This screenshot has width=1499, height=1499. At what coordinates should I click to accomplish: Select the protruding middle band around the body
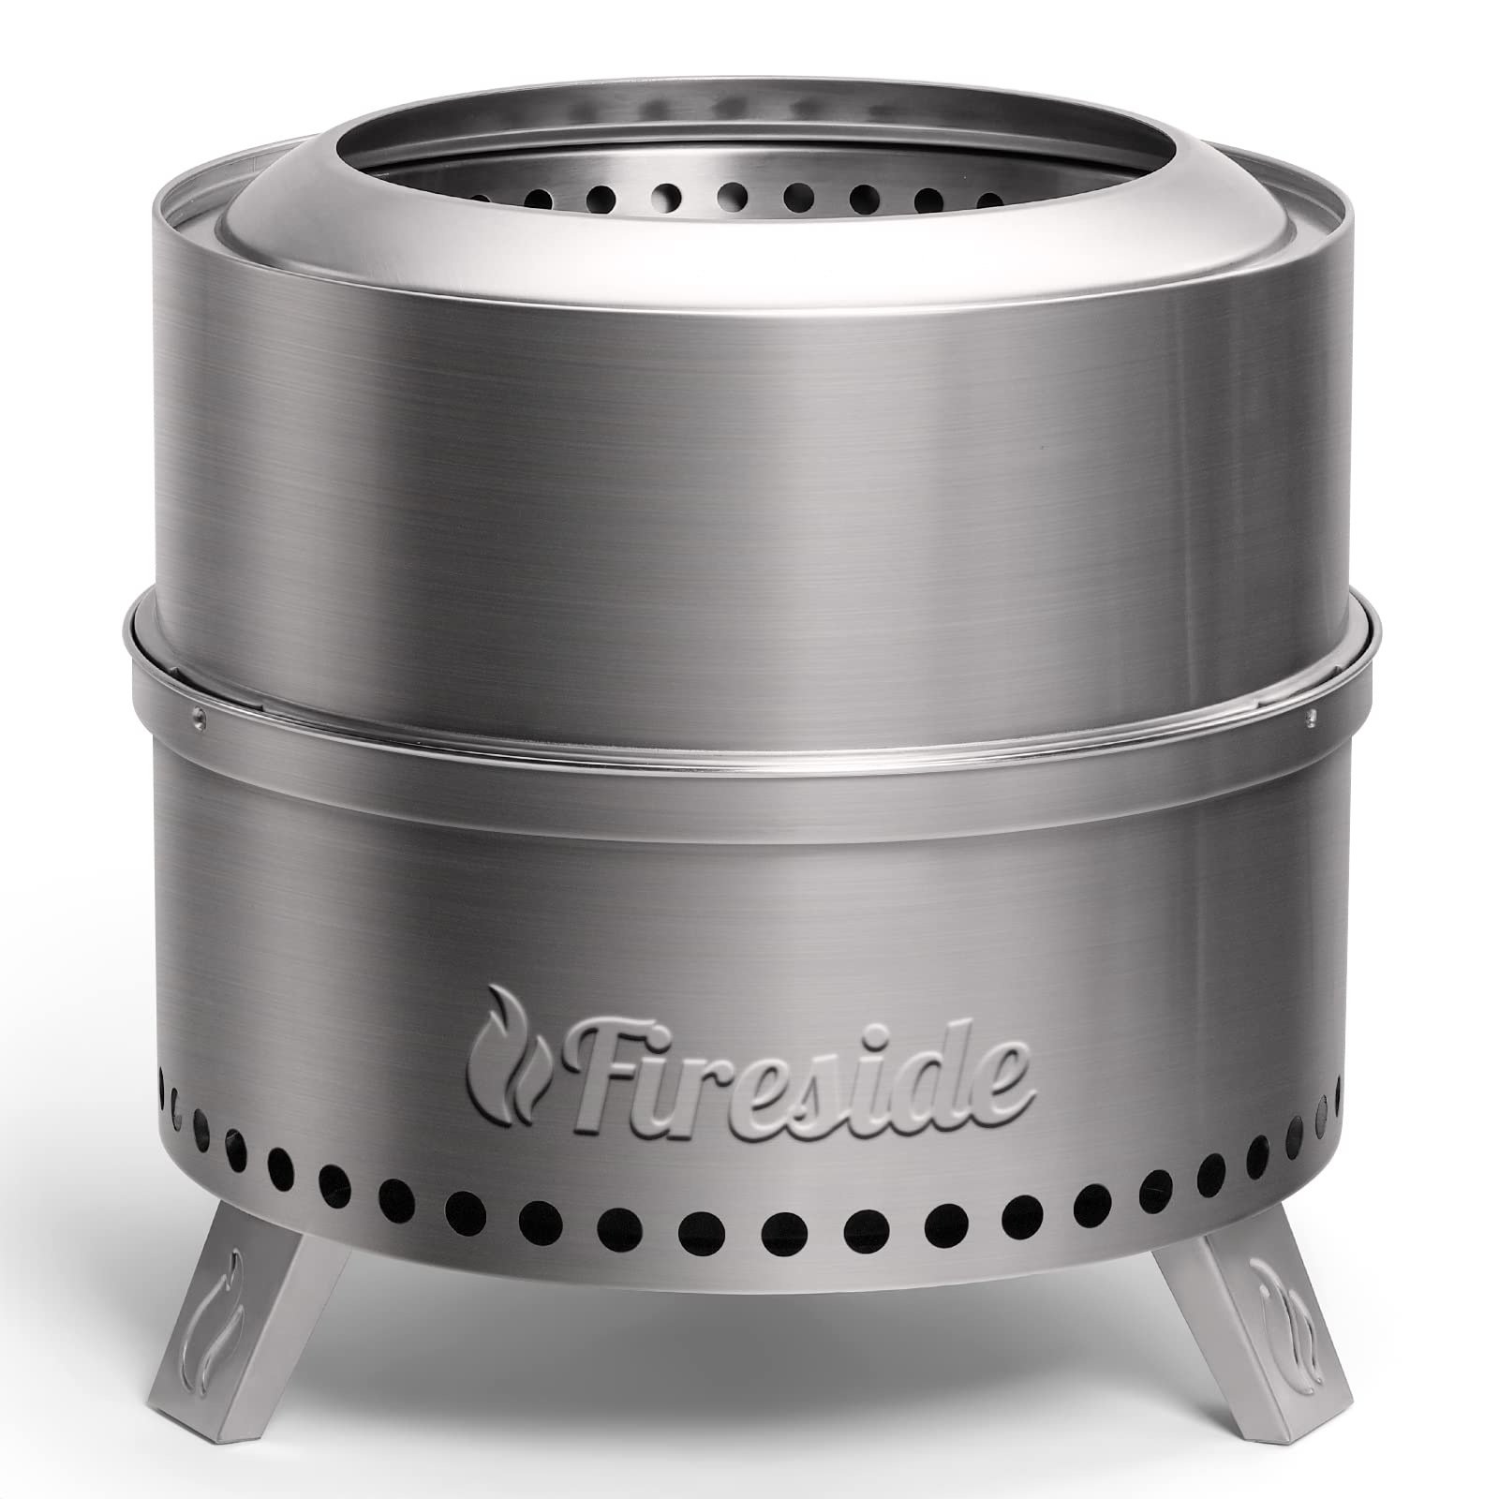pyautogui.click(x=749, y=721)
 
